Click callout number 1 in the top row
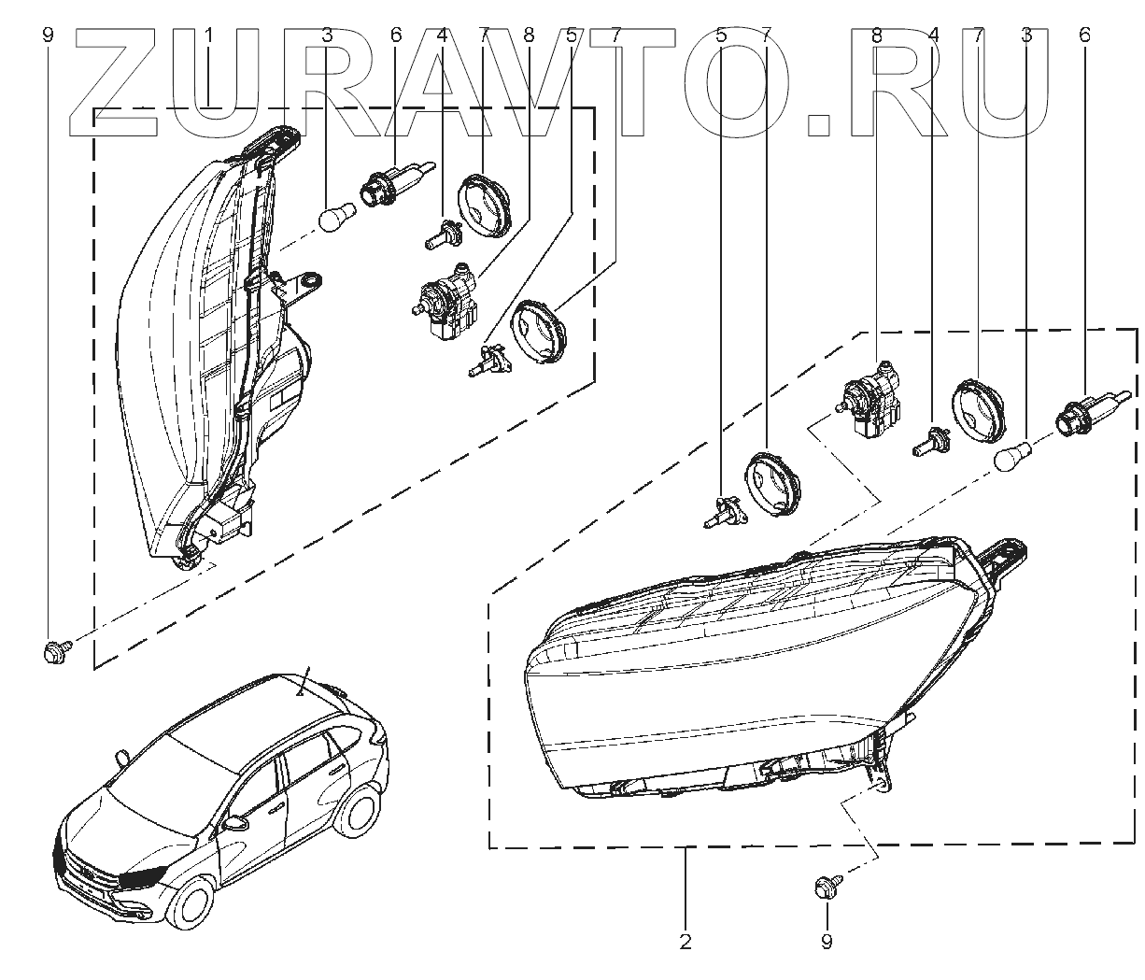210,36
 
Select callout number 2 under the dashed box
686,941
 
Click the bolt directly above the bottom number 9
826,885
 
